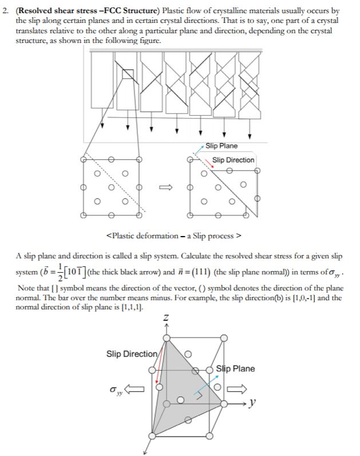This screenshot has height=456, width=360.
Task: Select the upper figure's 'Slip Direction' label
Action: pyautogui.click(x=233, y=160)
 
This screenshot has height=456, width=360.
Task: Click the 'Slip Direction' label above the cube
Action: pyautogui.click(x=130, y=353)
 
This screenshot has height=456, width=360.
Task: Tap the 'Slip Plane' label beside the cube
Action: pyautogui.click(x=235, y=368)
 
